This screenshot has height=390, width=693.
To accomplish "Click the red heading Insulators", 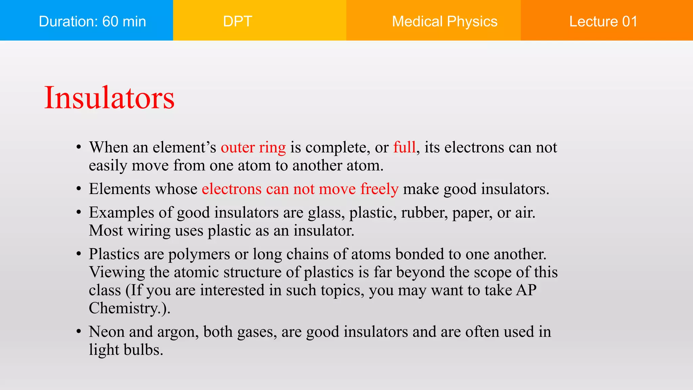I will [109, 98].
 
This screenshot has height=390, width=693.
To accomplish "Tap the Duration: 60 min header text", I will [92, 21].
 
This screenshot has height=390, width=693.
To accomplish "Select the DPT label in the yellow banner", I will [238, 21].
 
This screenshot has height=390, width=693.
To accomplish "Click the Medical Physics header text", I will [444, 21].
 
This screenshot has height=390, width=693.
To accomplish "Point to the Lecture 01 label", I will [603, 21].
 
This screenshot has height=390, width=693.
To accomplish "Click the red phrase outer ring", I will [253, 148].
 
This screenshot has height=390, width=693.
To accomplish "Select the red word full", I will [404, 147].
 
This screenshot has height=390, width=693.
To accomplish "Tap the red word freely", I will [379, 189].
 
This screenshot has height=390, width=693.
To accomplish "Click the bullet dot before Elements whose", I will [79, 189].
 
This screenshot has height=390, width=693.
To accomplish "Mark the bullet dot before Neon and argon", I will [79, 332].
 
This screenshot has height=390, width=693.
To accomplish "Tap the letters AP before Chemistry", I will [526, 290].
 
